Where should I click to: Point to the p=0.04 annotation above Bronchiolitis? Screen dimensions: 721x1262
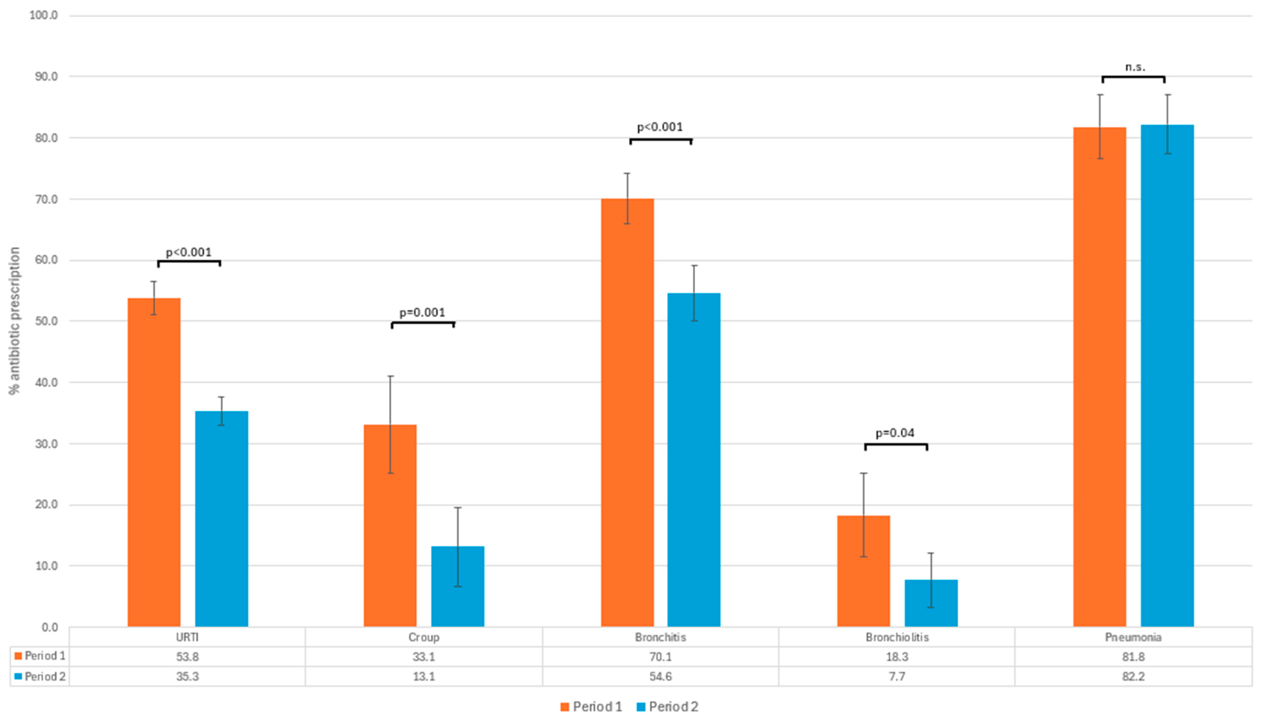coord(895,433)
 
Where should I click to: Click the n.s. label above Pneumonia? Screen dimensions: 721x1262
coord(1135,67)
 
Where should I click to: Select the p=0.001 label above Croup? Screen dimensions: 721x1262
coord(423,313)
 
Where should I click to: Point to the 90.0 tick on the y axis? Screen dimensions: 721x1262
coord(46,77)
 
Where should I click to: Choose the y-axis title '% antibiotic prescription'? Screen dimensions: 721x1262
coord(15,321)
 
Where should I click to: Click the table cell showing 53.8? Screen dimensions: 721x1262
coord(187,657)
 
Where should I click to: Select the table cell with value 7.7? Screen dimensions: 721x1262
coord(896,676)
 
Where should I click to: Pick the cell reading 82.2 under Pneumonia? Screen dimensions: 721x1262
coord(1133,676)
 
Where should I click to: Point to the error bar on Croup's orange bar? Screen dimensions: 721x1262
coord(391,425)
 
